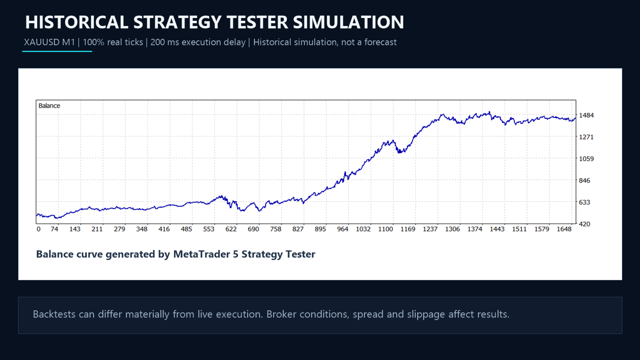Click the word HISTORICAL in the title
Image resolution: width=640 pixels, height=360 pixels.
tap(76, 22)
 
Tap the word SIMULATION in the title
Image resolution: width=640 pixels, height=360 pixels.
tap(348, 22)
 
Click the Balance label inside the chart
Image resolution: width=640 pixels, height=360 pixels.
tap(49, 106)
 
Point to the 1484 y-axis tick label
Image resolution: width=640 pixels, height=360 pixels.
tap(586, 115)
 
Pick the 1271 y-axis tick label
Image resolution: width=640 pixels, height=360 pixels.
tap(586, 137)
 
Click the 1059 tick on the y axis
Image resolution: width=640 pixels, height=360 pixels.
tap(586, 158)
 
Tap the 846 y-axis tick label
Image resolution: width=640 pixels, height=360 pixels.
tap(584, 180)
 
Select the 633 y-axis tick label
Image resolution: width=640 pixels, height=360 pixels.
tap(584, 202)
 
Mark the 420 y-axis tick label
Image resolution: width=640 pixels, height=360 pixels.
tap(584, 224)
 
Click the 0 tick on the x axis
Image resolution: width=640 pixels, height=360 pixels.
tap(38, 229)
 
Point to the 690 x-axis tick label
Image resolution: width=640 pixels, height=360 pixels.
tap(254, 229)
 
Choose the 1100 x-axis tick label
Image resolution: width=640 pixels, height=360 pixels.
tap(386, 229)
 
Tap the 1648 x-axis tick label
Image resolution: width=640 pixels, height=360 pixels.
tap(564, 229)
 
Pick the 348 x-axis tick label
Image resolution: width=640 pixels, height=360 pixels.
tap(142, 229)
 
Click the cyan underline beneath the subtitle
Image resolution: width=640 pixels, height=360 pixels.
tap(57, 52)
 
